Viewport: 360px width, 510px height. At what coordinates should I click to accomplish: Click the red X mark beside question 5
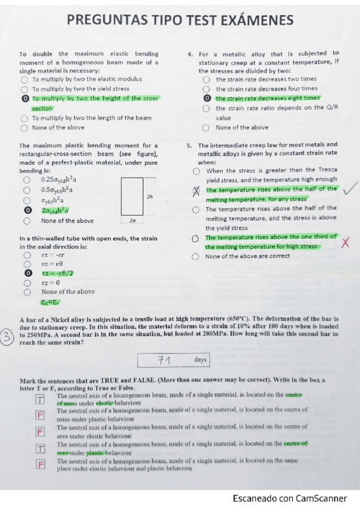[x=345, y=242]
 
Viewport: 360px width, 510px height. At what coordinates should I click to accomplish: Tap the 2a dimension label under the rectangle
[x=132, y=221]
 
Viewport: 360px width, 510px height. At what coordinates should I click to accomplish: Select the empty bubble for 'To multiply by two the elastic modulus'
[x=24, y=79]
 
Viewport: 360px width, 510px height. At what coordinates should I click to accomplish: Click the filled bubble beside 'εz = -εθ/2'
[x=28, y=273]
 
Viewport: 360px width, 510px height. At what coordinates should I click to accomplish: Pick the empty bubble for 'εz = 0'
[x=28, y=282]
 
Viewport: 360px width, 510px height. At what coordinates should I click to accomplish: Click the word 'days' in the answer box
[x=201, y=360]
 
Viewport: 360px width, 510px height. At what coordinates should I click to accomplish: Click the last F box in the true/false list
[x=40, y=464]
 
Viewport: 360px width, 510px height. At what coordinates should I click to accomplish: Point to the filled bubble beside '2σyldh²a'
[x=28, y=210]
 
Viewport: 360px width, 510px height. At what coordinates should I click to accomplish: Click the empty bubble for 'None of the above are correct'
[x=195, y=257]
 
